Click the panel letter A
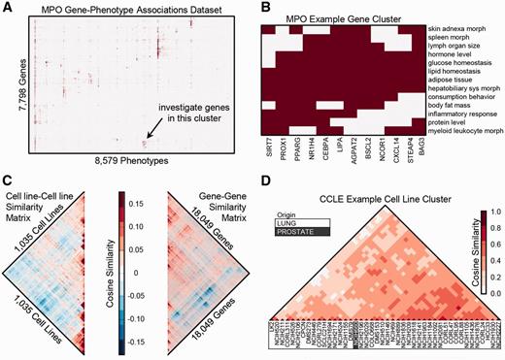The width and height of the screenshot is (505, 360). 6,7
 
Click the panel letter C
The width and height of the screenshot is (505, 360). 6,180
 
